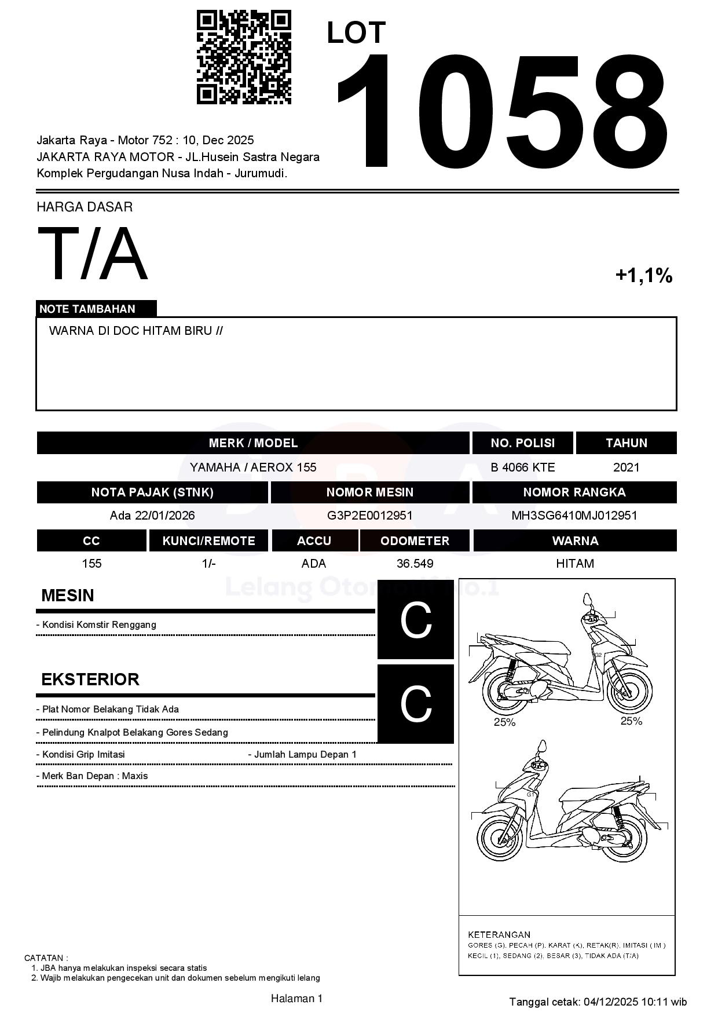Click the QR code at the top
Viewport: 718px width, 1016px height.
pyautogui.click(x=244, y=57)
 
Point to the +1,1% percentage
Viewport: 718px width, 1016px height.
pyautogui.click(x=644, y=275)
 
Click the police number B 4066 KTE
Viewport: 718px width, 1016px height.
pyautogui.click(x=522, y=467)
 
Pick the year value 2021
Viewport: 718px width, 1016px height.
pyautogui.click(x=626, y=467)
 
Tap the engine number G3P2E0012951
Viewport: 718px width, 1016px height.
pyautogui.click(x=369, y=516)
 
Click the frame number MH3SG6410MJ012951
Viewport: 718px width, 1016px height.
pyautogui.click(x=574, y=516)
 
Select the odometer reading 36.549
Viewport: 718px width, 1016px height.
pyautogui.click(x=415, y=564)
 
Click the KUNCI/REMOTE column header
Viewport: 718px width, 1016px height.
pyautogui.click(x=208, y=540)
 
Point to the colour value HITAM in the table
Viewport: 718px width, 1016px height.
pyautogui.click(x=574, y=564)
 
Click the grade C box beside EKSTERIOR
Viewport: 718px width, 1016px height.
pyautogui.click(x=416, y=704)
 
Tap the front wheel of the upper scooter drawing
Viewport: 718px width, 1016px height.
pyautogui.click(x=629, y=692)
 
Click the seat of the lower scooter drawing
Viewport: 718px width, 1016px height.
pyautogui.click(x=585, y=795)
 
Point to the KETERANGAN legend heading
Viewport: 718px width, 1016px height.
pyautogui.click(x=499, y=934)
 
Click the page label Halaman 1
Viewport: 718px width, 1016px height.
pyautogui.click(x=296, y=998)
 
